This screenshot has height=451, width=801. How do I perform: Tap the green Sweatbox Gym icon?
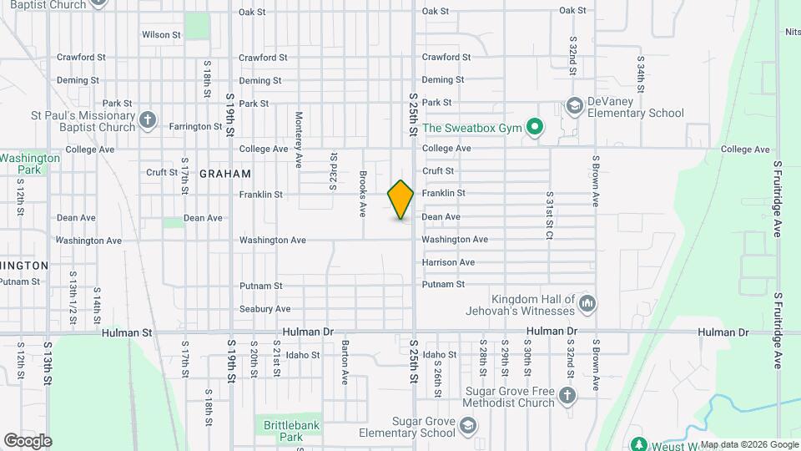tap(535, 128)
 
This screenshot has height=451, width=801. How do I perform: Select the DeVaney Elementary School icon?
tap(574, 106)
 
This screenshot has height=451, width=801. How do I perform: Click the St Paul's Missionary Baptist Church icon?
tap(148, 121)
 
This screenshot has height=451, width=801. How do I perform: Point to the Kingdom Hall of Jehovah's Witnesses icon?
tap(587, 304)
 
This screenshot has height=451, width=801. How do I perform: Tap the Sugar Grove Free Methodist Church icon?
tap(567, 396)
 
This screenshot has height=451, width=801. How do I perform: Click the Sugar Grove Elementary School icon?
tap(468, 427)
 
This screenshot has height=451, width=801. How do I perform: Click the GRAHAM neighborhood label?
tap(224, 174)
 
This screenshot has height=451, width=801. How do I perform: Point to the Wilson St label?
tap(161, 35)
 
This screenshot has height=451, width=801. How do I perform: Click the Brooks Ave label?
tap(363, 194)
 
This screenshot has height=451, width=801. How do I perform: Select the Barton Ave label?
tap(344, 362)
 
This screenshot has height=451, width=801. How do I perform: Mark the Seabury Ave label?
tap(264, 309)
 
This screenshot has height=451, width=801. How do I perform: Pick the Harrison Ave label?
tap(448, 262)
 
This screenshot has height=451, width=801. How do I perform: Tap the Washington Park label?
tap(30, 163)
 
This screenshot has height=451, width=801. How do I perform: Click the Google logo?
tap(28, 440)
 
